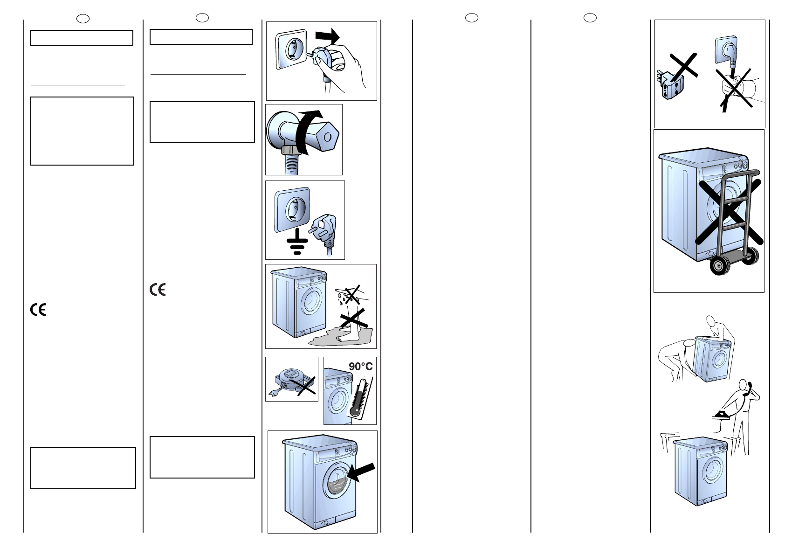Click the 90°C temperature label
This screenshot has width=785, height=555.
(x=361, y=367)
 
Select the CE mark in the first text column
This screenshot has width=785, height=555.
(x=38, y=310)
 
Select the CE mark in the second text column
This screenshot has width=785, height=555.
(x=158, y=290)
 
